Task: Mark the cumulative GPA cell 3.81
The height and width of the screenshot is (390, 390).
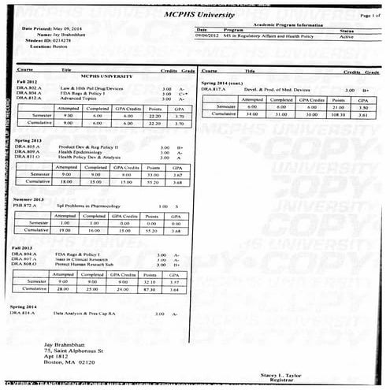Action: (x=365, y=114)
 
